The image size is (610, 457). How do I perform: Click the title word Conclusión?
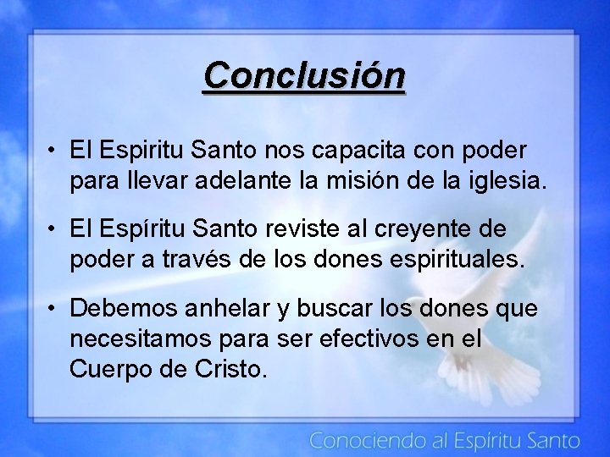pos(304,76)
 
